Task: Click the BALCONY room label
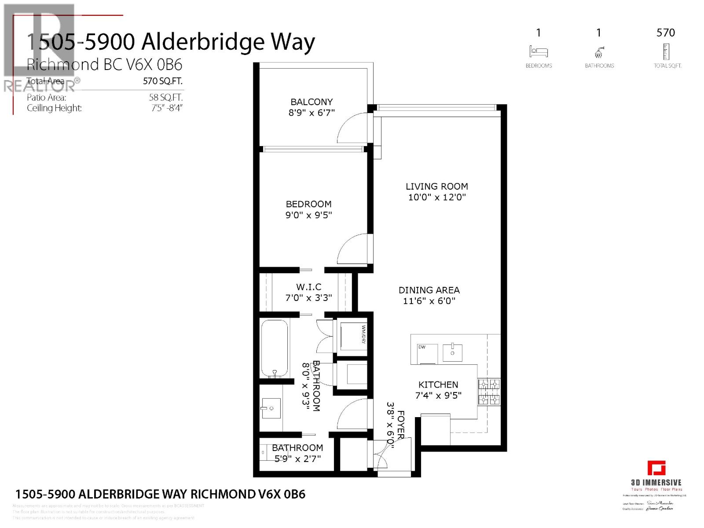tap(312, 102)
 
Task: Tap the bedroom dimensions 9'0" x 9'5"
tap(308, 215)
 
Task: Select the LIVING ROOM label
tap(436, 187)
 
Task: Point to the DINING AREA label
tap(429, 290)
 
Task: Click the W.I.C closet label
tap(308, 287)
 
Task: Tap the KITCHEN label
tap(438, 385)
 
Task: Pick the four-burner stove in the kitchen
tap(489, 392)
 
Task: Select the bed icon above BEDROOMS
tap(539, 52)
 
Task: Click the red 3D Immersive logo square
tap(656, 468)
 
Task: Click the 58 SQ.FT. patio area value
tap(165, 98)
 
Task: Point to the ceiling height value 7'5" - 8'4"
tap(167, 108)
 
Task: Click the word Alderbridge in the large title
tap(202, 42)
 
